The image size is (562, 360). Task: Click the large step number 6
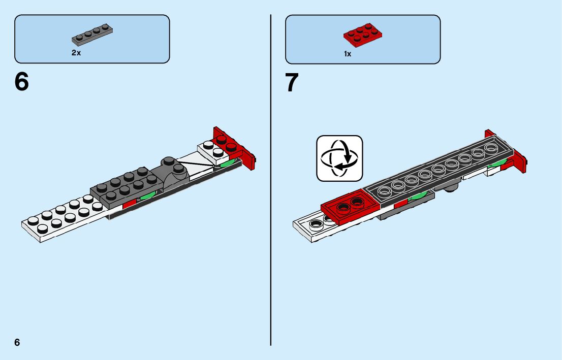[x=22, y=82]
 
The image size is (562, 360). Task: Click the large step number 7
[x=292, y=83]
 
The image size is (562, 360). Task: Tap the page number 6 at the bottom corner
[x=17, y=342]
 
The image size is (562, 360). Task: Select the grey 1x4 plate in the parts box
[x=92, y=34]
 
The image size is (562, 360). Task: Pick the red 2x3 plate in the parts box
[x=363, y=34]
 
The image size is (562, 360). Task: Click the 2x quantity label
[x=76, y=53]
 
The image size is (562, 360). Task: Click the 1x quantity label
[x=348, y=53]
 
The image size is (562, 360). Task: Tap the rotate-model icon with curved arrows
[x=339, y=158]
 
